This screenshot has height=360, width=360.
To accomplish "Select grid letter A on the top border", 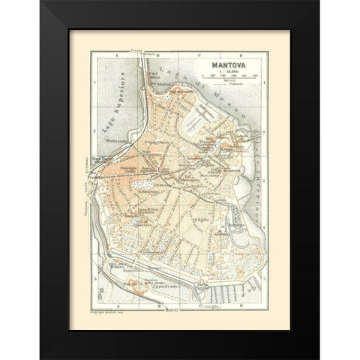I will click(110, 55).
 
